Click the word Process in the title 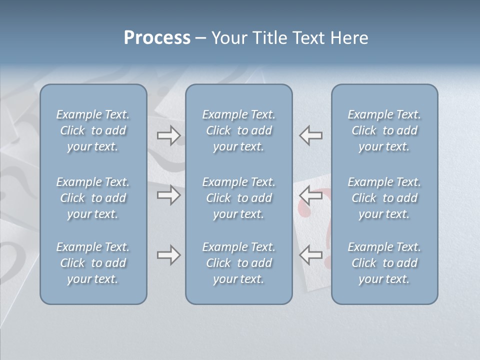157,38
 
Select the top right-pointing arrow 168,135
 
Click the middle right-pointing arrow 168,195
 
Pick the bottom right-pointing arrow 168,255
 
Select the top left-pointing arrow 310,135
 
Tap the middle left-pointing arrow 310,195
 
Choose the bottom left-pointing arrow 310,255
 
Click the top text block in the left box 93,130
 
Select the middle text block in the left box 93,198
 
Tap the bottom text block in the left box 93,263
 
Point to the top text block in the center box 238,130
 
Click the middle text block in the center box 238,198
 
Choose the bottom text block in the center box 238,263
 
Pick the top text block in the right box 384,130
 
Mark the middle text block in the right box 384,198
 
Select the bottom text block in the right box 384,263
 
